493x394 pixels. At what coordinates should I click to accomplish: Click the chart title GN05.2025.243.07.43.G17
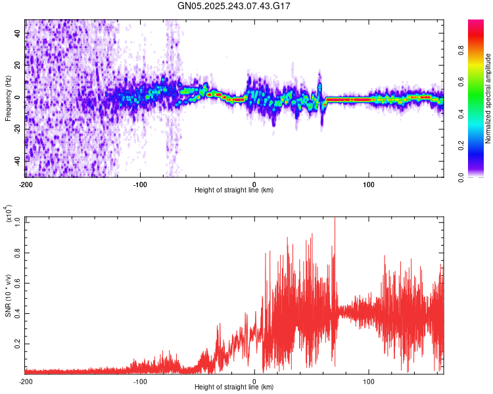[233, 6]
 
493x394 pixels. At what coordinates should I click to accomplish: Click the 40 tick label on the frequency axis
[17, 33]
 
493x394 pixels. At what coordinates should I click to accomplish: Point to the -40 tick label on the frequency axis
[17, 162]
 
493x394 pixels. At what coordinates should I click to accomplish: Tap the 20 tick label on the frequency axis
[17, 65]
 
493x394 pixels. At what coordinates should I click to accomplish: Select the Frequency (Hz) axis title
[8, 98]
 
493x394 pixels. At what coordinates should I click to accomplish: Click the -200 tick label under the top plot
[26, 185]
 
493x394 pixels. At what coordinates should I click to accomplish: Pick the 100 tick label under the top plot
[369, 185]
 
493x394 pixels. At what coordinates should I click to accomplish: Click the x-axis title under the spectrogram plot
[234, 190]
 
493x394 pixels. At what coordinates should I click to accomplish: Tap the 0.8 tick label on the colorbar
[461, 51]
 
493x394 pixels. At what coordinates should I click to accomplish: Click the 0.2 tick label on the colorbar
[461, 146]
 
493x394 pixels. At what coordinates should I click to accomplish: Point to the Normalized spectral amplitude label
[488, 98]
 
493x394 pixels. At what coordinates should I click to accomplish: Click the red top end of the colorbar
[476, 21]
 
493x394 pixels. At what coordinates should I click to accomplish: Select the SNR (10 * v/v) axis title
[8, 295]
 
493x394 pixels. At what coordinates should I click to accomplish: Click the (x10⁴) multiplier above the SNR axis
[9, 213]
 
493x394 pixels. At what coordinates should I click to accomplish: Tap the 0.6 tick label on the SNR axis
[17, 283]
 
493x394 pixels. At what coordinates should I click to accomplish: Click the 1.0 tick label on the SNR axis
[17, 223]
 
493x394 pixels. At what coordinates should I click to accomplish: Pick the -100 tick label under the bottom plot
[140, 382]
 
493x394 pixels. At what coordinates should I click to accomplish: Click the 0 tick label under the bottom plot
[254, 382]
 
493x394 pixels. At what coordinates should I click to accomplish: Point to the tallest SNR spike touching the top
[335, 218]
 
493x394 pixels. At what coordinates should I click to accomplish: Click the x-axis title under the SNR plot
[234, 387]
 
